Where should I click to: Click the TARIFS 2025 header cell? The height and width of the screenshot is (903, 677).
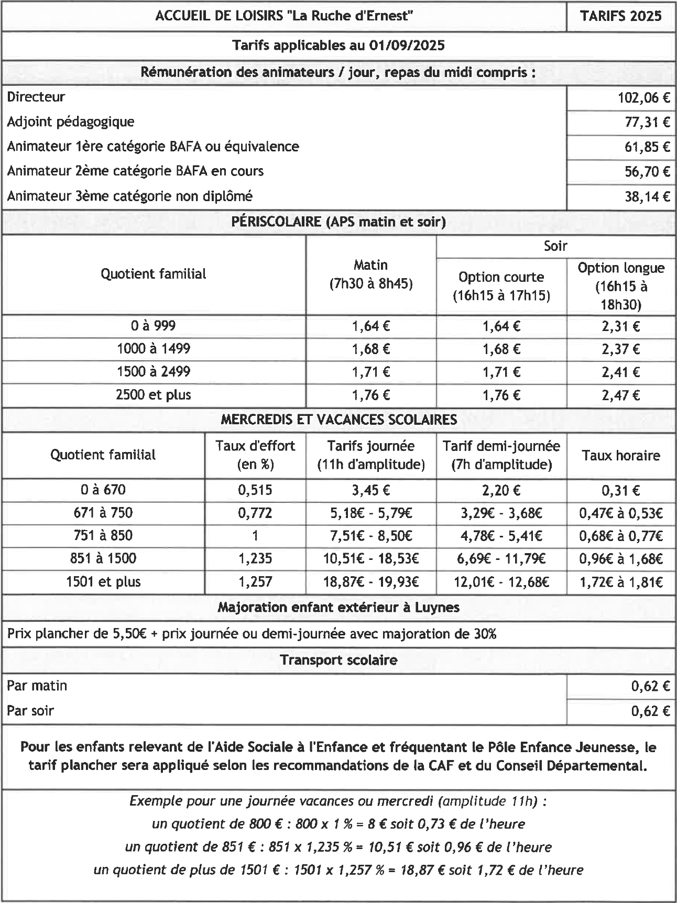pos(621,16)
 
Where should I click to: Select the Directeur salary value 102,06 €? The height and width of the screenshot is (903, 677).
pos(645,97)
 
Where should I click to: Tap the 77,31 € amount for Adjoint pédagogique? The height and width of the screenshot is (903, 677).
pos(647,122)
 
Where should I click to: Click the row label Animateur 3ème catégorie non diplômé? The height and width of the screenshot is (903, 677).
pos(129,196)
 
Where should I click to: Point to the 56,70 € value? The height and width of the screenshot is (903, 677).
pos(647,171)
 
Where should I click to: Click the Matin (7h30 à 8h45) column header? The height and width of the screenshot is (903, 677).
pos(370,274)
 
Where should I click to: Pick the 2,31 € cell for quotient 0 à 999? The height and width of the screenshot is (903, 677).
pos(621,326)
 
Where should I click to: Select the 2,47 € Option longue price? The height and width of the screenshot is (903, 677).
pos(621,395)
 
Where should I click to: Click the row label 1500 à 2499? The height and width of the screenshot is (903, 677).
pos(154,372)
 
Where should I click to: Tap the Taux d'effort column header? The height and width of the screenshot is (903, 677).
pos(255,455)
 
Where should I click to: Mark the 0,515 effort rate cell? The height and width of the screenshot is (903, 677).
pos(255,490)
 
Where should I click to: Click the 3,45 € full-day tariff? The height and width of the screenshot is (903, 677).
pos(370,490)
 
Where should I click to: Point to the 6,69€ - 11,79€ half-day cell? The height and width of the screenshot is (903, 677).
pos(501,559)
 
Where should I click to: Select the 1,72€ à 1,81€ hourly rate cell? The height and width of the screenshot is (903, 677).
pos(621,582)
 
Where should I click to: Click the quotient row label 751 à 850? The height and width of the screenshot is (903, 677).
pos(103,536)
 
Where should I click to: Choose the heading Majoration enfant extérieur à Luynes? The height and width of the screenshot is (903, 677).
pos(339,608)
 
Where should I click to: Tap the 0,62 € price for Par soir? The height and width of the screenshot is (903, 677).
pos(650,711)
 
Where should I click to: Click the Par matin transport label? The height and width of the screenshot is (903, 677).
pos(37,686)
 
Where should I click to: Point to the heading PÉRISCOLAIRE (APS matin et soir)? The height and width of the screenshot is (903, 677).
pos(339,222)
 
